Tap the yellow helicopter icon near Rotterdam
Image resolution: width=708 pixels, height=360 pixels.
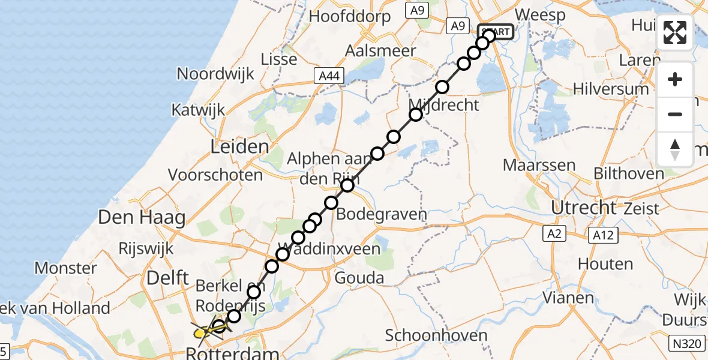coord(207,329)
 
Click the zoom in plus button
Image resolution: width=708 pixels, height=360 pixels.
coord(675,79)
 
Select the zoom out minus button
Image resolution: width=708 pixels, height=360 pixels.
coord(675,114)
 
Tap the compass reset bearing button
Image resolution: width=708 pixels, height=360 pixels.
coord(675,149)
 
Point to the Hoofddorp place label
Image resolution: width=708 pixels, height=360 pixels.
coord(349,16)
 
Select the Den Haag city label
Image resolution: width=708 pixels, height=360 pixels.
coord(142,217)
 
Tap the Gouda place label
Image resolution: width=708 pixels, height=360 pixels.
coord(359,278)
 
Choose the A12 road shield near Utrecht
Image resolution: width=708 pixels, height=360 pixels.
coord(602,235)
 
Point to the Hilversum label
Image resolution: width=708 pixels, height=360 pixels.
coord(611,89)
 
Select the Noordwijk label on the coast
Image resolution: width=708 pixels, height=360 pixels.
coord(215,74)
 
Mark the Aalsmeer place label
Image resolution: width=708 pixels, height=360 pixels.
coord(380,50)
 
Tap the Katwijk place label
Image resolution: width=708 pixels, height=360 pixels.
coord(198,110)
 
